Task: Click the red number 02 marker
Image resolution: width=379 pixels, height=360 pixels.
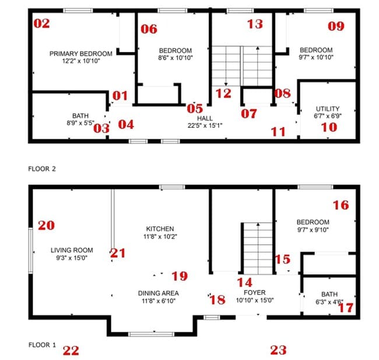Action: point(42,24)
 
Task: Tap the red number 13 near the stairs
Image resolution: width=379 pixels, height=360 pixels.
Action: point(255,24)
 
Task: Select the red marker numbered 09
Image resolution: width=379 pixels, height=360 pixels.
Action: point(336,26)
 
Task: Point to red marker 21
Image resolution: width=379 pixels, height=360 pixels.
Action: point(118,253)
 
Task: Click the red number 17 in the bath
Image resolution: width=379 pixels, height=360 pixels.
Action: point(346,307)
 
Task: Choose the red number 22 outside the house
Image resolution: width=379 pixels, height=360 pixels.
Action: point(71,350)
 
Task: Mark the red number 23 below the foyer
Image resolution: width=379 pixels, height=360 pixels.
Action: point(279,349)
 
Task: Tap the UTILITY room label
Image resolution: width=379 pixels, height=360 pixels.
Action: point(327,109)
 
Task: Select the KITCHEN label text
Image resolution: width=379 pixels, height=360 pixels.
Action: point(161,229)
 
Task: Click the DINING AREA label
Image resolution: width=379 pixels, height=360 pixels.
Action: point(158,293)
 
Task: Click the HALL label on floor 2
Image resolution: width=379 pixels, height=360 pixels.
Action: point(205,118)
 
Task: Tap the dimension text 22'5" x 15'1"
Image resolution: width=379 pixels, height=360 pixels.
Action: point(205,125)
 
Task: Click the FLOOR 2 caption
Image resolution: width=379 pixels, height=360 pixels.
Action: point(41,169)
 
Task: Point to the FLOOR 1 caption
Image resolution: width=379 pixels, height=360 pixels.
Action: point(41,345)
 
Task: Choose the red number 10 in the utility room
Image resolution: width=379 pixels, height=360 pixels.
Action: point(329,126)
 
